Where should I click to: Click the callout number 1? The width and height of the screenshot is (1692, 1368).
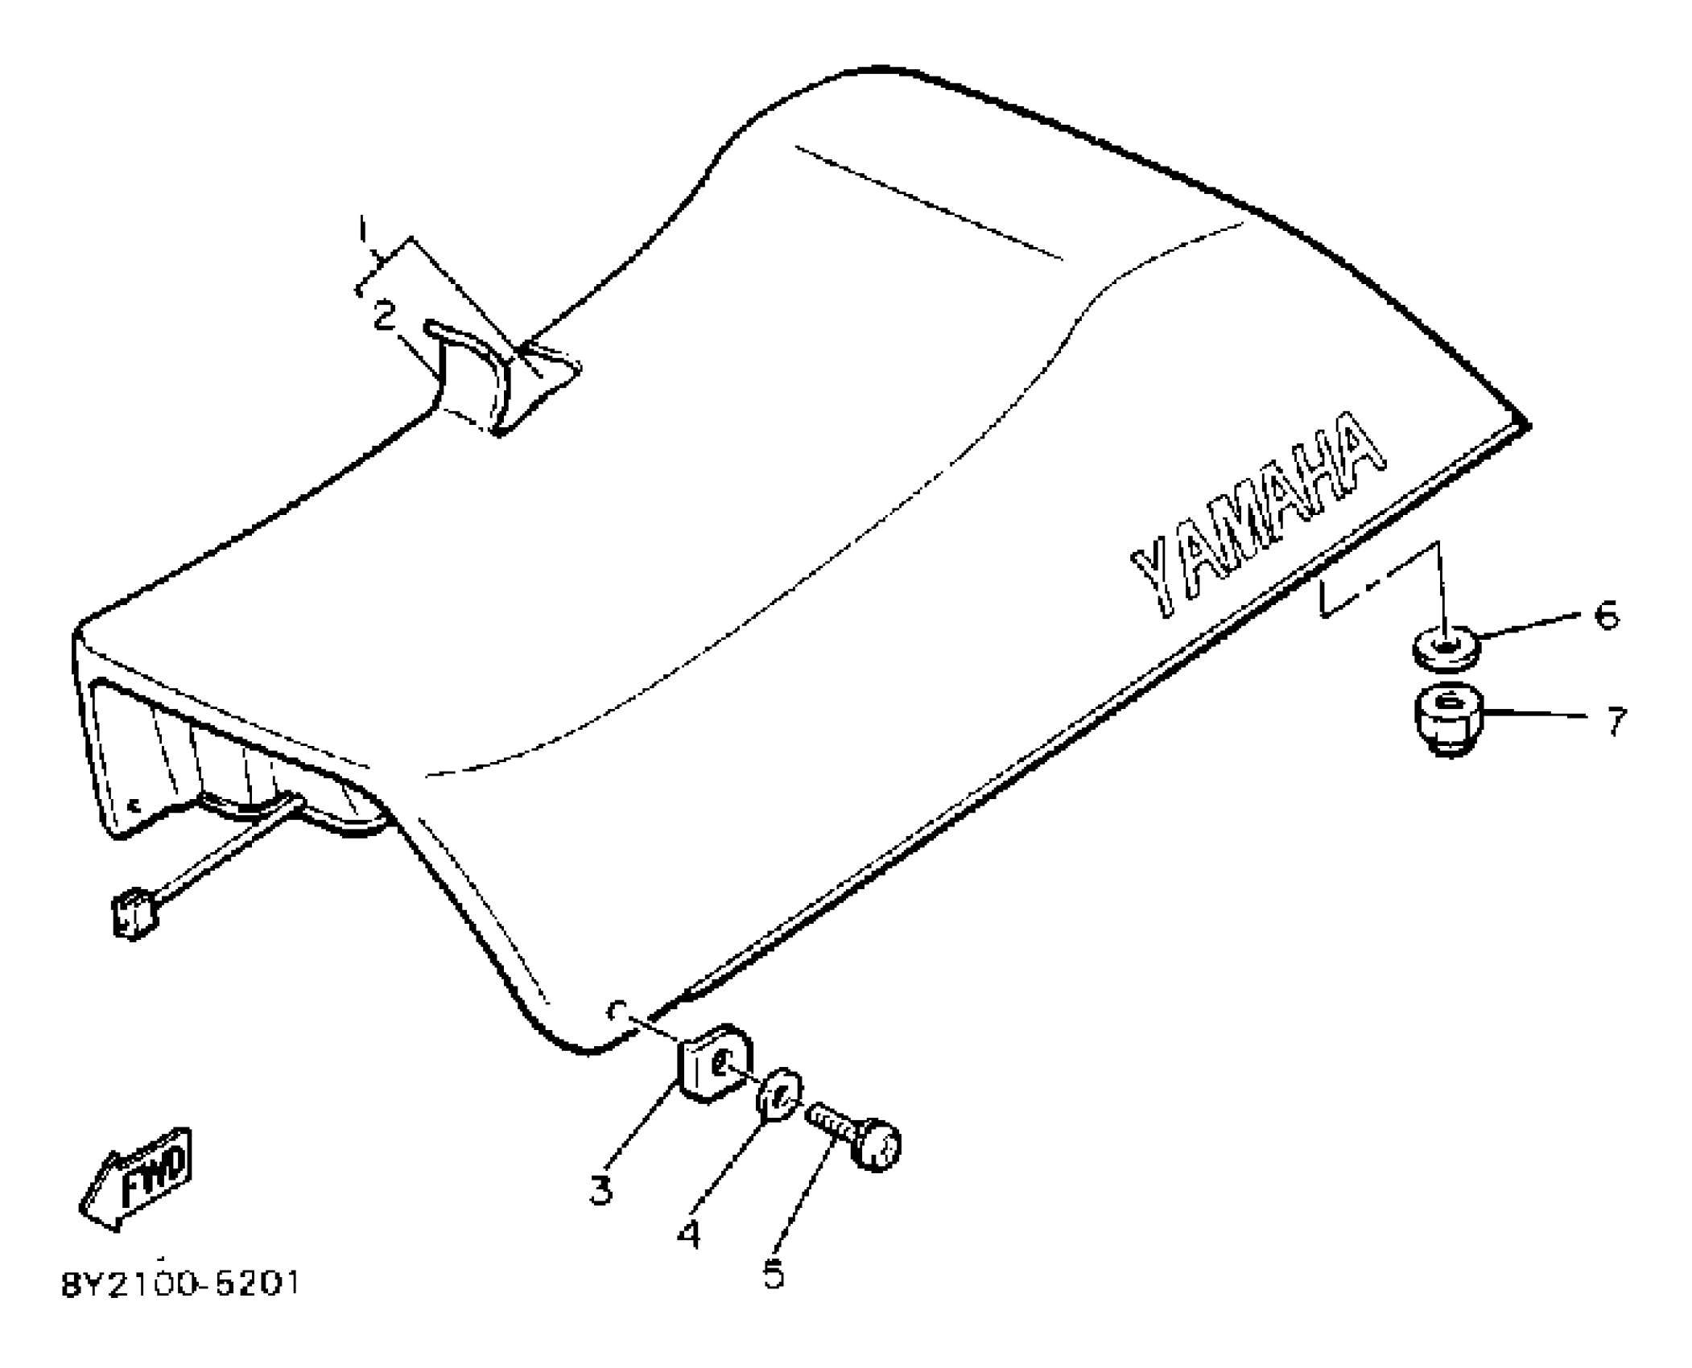363,229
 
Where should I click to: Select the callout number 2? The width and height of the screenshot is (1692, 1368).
385,315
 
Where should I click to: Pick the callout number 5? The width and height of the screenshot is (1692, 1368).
774,1274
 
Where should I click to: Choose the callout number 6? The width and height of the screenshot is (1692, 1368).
1606,616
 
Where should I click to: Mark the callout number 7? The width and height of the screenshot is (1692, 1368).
1616,720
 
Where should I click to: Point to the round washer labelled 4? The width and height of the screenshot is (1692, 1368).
780,1093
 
